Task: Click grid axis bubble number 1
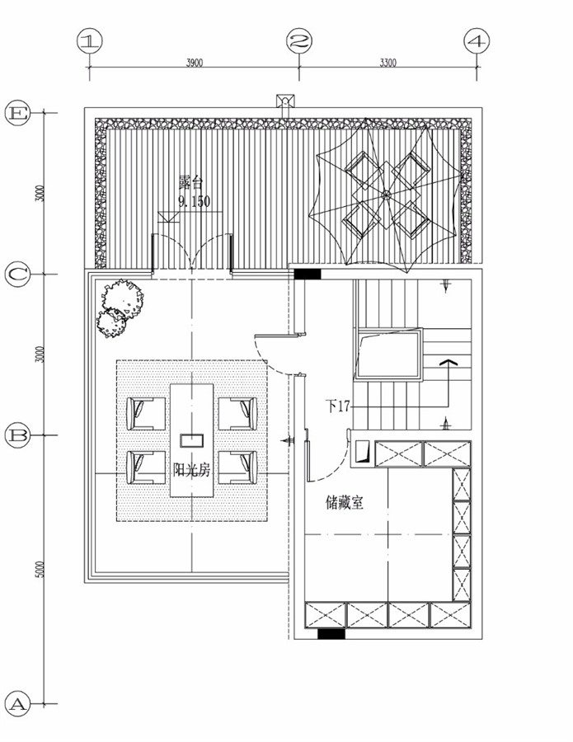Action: pyautogui.click(x=89, y=41)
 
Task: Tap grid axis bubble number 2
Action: pyautogui.click(x=299, y=41)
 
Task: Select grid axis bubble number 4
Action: pyautogui.click(x=477, y=41)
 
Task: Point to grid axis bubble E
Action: pyautogui.click(x=18, y=113)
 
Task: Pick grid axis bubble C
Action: pyautogui.click(x=18, y=274)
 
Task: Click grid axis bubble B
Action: pyautogui.click(x=18, y=434)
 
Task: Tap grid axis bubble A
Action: pyautogui.click(x=18, y=704)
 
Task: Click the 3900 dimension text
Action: pyautogui.click(x=195, y=63)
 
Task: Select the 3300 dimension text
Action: pyautogui.click(x=388, y=63)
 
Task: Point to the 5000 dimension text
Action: pyautogui.click(x=40, y=569)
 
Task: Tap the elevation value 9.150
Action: pyautogui.click(x=194, y=202)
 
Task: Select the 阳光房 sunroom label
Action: pyautogui.click(x=191, y=471)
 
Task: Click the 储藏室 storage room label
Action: pyautogui.click(x=345, y=502)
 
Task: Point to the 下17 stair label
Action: pyautogui.click(x=338, y=406)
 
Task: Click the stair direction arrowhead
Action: pyautogui.click(x=448, y=363)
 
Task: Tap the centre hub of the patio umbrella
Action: pyautogui.click(x=386, y=194)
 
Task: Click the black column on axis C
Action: pyautogui.click(x=308, y=274)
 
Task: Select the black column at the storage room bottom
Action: pyautogui.click(x=331, y=634)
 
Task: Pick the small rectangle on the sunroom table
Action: pyautogui.click(x=191, y=440)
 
